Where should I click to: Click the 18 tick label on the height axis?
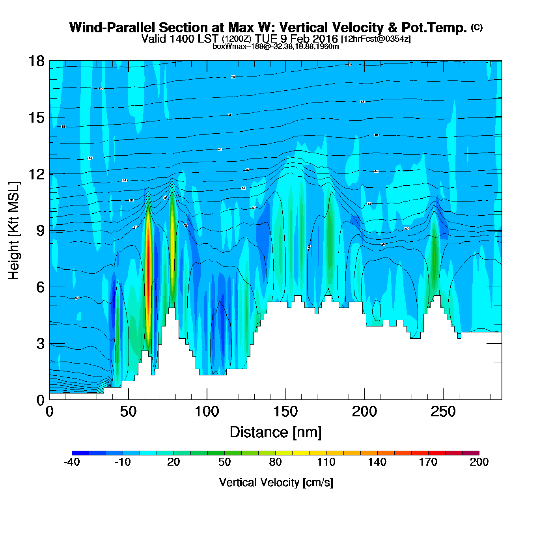pos(35,61)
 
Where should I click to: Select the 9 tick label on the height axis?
pos(40,231)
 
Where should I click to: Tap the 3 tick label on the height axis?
pos(40,344)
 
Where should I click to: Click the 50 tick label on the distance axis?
pos(128,412)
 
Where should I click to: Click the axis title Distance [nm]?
pos(276,433)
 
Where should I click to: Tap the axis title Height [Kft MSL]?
pos(14,231)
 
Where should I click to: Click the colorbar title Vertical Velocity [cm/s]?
pos(276,483)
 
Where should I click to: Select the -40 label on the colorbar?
pos(72,462)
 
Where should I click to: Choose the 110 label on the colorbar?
pos(326,462)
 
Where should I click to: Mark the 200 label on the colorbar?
pos(479,462)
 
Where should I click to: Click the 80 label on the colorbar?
pos(276,462)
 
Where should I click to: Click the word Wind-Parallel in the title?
pos(112,28)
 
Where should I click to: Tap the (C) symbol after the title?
pos(477,27)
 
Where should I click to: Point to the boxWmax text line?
pos(276,47)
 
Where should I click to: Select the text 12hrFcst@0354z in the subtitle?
pos(376,39)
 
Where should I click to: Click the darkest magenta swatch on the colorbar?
pos(471,453)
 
